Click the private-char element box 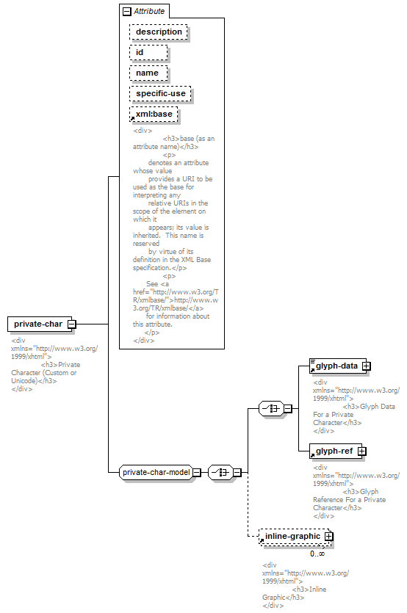pos(40,324)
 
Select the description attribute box pos(159,32)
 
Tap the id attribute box pos(148,52)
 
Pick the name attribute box pos(148,73)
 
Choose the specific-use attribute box pos(160,93)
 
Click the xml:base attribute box pos(154,114)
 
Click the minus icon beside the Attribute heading pos(126,11)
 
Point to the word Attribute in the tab pos(149,11)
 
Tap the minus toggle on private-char pos(71,324)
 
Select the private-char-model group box pos(156,472)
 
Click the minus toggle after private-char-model pos(197,473)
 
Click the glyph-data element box pos(338,366)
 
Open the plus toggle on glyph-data pos(367,366)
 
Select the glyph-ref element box pos(336,451)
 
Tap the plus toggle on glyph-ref pos(362,451)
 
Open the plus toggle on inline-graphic pos(328,537)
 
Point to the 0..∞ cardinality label pos(317,554)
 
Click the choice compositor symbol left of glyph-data pos(272,408)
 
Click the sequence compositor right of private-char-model pos(220,473)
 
